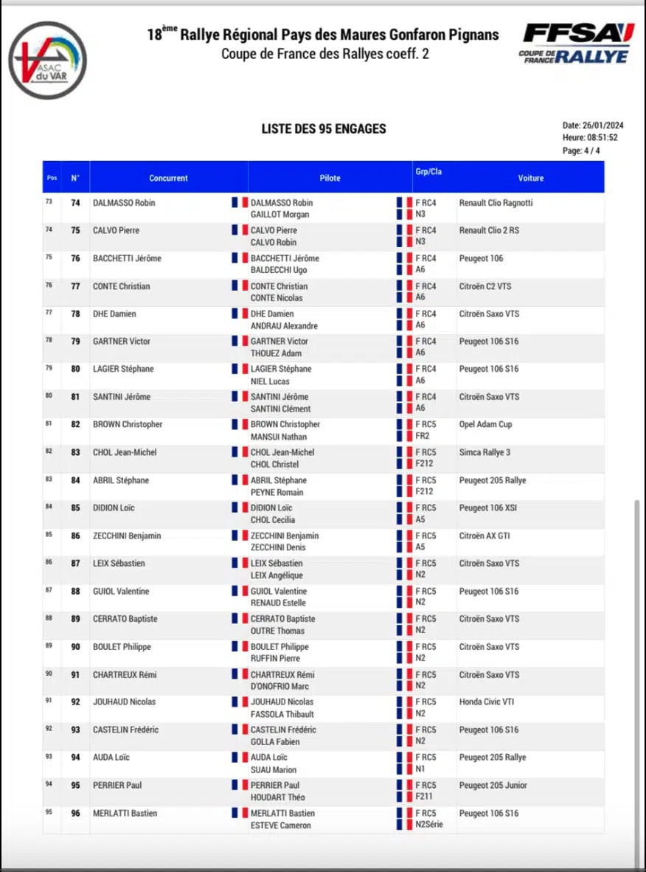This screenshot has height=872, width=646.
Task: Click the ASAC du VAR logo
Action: [x=48, y=60]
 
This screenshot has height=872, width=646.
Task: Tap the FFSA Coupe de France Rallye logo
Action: [x=578, y=44]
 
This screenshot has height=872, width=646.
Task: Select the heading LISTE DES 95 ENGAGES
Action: [x=324, y=129]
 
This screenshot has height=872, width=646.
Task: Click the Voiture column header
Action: [x=530, y=178]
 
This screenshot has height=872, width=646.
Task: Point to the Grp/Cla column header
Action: [x=428, y=172]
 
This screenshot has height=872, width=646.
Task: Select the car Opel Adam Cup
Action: [x=485, y=425]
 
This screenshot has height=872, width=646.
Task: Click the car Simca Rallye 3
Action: [x=484, y=452]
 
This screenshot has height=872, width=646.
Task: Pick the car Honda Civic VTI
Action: [x=487, y=702]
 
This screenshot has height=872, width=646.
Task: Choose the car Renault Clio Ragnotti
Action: [x=496, y=203]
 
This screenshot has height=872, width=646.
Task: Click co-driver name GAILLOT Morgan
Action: [x=279, y=215]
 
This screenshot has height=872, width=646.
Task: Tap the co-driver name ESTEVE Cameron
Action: [x=280, y=826]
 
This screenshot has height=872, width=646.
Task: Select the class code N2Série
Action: [x=429, y=825]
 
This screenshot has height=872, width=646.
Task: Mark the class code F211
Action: [x=424, y=797]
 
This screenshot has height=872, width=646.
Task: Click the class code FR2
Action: [x=423, y=437]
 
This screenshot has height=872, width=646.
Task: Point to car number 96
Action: [x=75, y=814]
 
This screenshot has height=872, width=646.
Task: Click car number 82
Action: [x=75, y=425]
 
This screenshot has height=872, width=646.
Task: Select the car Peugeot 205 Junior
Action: [x=493, y=786]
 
